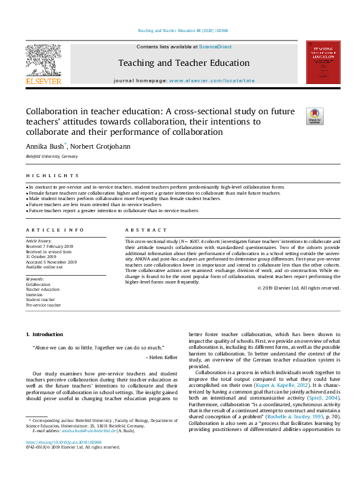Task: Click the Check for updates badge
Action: (315, 116)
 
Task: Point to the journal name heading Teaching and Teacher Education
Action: (183, 63)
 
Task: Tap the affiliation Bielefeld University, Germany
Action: (51, 156)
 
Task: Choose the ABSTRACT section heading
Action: (146, 230)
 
